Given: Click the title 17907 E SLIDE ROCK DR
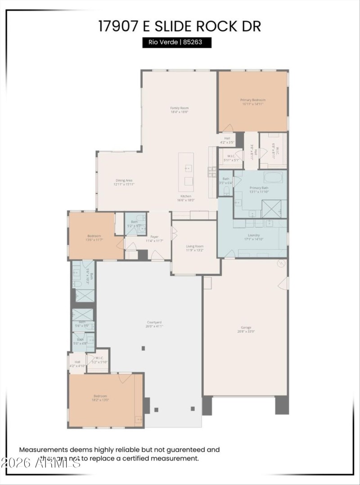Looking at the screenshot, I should click(x=180, y=26).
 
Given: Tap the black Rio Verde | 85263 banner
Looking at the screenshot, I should click(x=177, y=43).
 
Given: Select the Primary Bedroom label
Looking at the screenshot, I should click(x=252, y=102).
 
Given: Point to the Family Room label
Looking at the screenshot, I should click(x=179, y=110).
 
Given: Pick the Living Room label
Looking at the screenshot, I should click(x=195, y=248).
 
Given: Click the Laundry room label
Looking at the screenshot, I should click(x=254, y=237).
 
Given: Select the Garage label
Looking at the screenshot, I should click(x=246, y=329).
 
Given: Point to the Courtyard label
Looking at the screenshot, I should click(x=154, y=324).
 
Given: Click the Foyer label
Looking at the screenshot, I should click(x=154, y=238).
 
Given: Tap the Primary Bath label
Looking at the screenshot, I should click(x=259, y=190).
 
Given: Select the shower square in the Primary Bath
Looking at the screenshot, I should click(x=272, y=209).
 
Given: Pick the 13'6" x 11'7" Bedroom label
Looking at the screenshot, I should click(x=94, y=238).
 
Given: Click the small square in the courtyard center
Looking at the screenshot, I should click(x=143, y=348).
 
